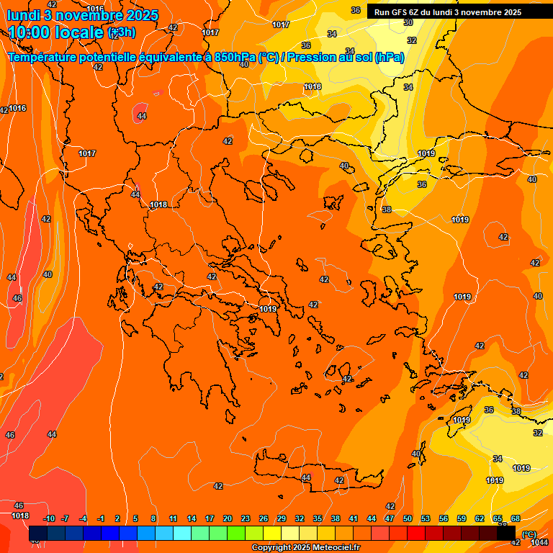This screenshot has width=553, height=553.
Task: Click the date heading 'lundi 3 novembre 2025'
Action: [x=82, y=14]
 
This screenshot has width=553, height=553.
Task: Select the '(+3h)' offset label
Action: [x=121, y=32]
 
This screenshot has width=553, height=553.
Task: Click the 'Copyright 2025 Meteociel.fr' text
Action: [x=306, y=548]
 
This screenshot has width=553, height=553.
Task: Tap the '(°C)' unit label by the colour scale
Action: [x=529, y=535]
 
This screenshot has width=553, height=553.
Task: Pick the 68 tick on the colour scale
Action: [x=516, y=519]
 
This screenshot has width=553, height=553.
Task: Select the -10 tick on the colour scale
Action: [x=49, y=519]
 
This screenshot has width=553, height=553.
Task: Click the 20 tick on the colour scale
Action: [x=228, y=519]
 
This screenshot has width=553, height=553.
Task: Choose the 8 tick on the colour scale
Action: [x=153, y=519]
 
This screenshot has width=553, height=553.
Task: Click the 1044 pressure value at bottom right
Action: [x=539, y=542]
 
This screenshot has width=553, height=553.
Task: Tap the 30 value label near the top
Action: [x=408, y=22]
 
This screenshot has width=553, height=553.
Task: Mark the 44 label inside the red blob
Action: [x=142, y=116]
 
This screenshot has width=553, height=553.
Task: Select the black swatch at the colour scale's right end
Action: [x=506, y=534]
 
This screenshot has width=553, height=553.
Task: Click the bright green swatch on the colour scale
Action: [x=236, y=534]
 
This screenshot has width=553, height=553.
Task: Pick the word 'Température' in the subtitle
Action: [x=45, y=57]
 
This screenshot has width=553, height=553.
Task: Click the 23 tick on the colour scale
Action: [x=246, y=519]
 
